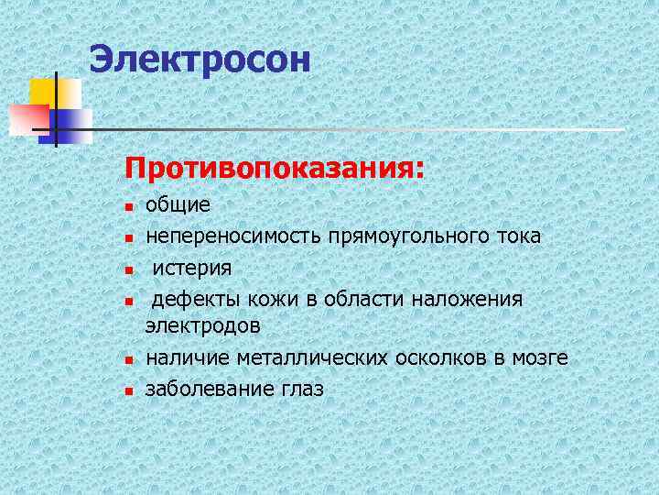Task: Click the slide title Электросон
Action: tap(200, 60)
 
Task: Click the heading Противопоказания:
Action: tap(275, 169)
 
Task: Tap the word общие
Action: tap(178, 206)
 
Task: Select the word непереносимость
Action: tap(232, 236)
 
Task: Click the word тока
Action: tap(519, 236)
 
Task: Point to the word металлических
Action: tap(313, 357)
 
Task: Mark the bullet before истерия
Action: tap(130, 269)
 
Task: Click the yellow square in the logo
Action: tap(46, 92)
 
